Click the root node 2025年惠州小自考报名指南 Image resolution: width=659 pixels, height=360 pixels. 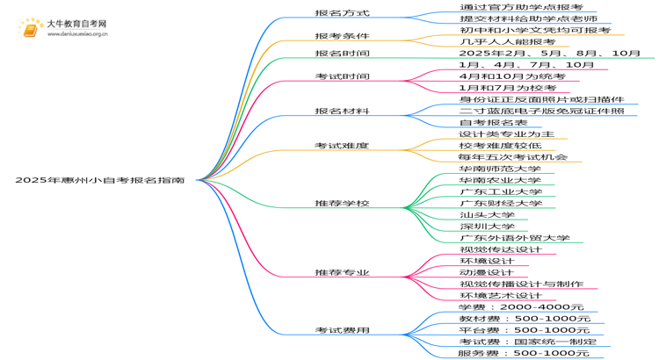(99, 180)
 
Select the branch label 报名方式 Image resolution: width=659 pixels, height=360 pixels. (342, 13)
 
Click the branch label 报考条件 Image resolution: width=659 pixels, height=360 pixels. (342, 36)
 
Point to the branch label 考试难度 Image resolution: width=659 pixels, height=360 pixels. (342, 146)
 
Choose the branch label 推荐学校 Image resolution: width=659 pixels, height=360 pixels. (342, 204)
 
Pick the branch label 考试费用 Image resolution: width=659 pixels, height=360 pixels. (342, 331)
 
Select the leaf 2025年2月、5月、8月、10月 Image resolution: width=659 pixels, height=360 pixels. (550, 54)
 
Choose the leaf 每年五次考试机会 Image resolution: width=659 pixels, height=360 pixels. (513, 157)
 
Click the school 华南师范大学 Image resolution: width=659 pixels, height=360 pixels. (500, 169)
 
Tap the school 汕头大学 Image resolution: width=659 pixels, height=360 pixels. (487, 215)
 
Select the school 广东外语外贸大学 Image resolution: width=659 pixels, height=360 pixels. (514, 238)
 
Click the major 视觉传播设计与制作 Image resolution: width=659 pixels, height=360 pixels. (520, 284)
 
